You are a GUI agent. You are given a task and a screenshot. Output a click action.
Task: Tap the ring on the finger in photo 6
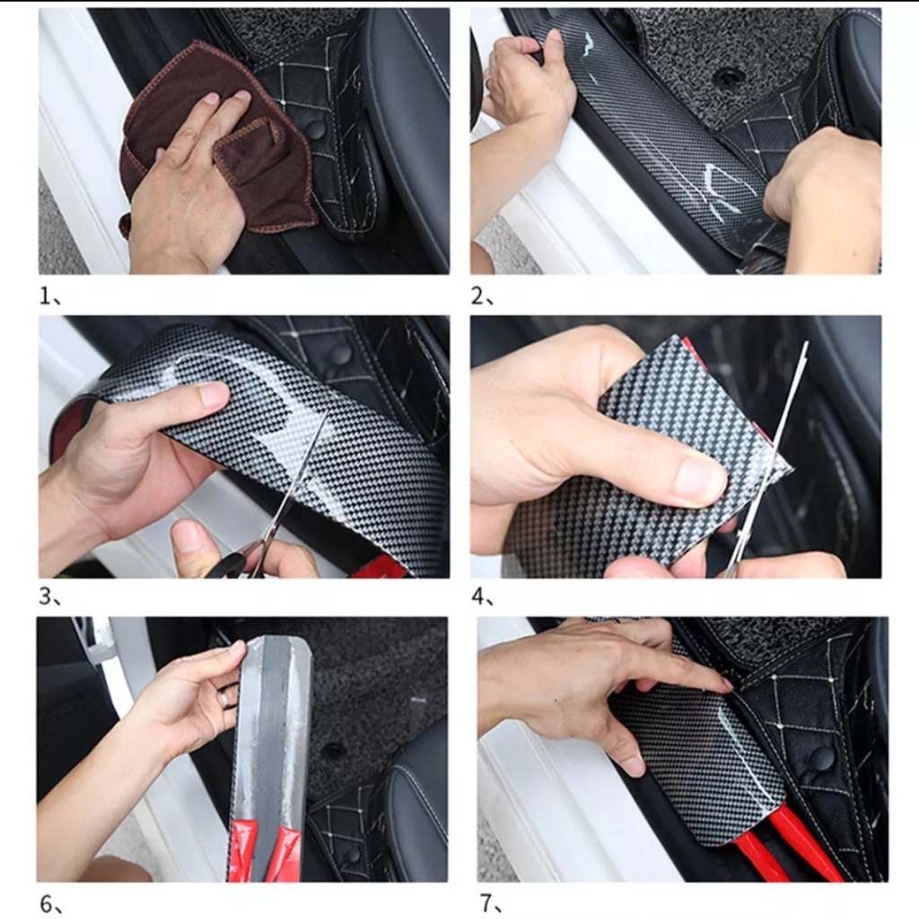tap(223, 698)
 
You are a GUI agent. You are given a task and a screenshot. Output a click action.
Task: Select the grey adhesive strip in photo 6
tap(275, 732)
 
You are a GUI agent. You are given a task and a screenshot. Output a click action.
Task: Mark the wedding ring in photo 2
tap(488, 83)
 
